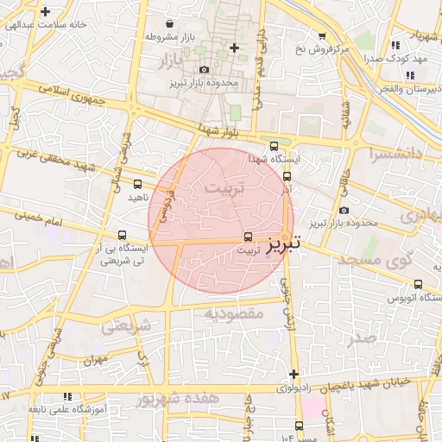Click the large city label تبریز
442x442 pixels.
click(x=284, y=244)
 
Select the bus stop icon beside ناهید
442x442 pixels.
click(x=138, y=183)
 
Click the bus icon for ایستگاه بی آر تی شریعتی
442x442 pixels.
click(x=121, y=234)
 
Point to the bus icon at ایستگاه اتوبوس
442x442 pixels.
click(x=419, y=284)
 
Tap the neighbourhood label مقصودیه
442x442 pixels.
click(x=233, y=314)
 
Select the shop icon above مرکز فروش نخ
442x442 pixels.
click(x=322, y=36)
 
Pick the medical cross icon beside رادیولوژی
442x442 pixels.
click(x=294, y=375)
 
